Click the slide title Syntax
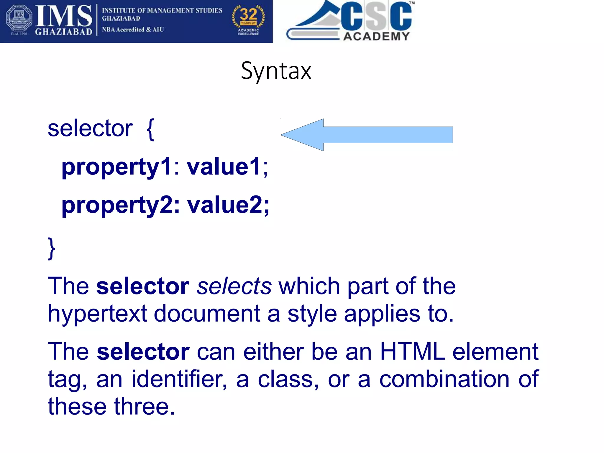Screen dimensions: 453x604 (x=276, y=71)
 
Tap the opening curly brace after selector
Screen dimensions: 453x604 (x=150, y=129)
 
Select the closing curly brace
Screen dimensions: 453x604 (x=52, y=248)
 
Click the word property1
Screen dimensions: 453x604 (x=116, y=167)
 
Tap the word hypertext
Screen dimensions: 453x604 (x=97, y=314)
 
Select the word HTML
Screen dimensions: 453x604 (x=412, y=351)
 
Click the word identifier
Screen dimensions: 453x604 (x=179, y=379)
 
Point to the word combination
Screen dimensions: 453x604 (x=444, y=379)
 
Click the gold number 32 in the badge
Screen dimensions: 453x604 (x=248, y=14)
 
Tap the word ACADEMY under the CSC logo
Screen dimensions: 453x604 (x=377, y=36)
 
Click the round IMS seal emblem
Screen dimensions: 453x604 (x=19, y=18)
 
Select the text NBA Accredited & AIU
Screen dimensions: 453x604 (x=133, y=30)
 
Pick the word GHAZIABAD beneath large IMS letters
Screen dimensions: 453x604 (x=63, y=32)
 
